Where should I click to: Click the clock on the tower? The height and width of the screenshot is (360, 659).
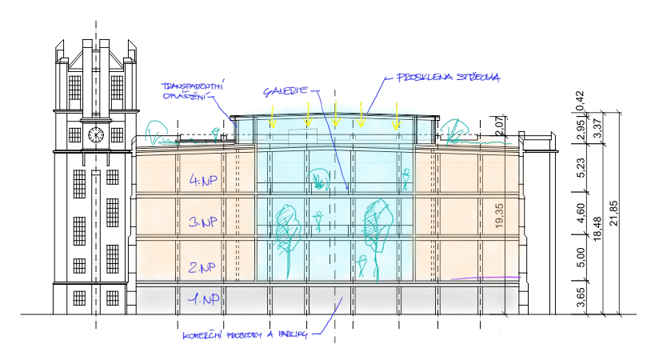[x=95, y=134]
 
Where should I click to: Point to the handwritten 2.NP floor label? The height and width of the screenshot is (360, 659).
[x=201, y=266]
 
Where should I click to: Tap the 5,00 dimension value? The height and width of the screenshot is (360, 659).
[x=581, y=258]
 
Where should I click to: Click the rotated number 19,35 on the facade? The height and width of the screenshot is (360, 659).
[x=500, y=218]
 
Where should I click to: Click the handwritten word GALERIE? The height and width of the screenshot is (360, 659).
[x=284, y=90]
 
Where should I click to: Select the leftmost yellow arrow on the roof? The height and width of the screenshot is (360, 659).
[x=272, y=118]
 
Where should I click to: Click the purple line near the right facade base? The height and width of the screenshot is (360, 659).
[x=485, y=278]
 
